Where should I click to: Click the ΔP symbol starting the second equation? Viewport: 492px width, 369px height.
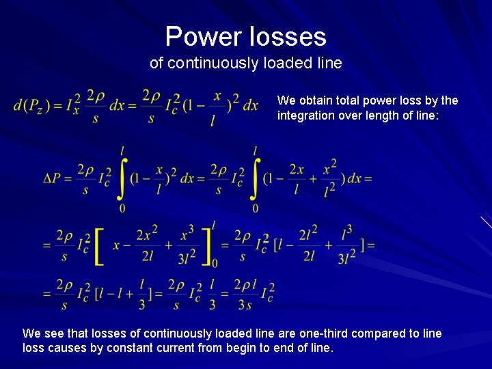tap(54, 178)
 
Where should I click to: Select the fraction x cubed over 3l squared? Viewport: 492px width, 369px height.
tap(187, 244)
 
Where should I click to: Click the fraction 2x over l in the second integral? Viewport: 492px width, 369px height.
tap(297, 179)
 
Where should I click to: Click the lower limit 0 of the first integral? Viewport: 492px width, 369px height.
tap(122, 208)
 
